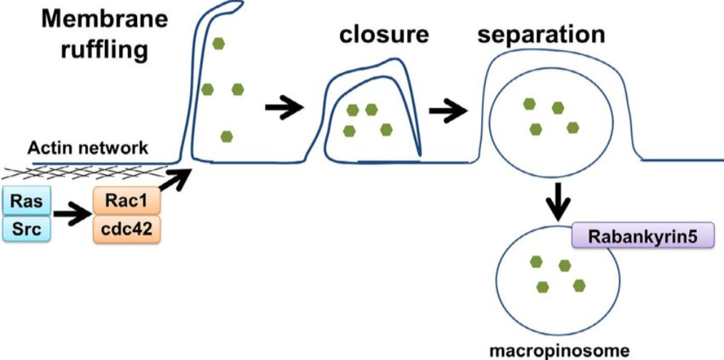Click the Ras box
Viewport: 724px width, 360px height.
pos(27,202)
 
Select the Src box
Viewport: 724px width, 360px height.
pos(27,229)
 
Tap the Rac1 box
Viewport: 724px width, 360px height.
pos(126,202)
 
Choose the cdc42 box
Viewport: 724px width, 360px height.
pos(126,230)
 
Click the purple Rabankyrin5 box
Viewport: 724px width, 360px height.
pos(643,234)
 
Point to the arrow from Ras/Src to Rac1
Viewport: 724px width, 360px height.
pos(71,216)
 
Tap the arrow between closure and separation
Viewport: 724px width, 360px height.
pos(448,110)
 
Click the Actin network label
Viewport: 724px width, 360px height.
pos(89,149)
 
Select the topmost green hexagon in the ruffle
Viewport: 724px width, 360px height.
pos(218,44)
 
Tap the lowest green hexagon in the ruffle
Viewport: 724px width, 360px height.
pos(226,136)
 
